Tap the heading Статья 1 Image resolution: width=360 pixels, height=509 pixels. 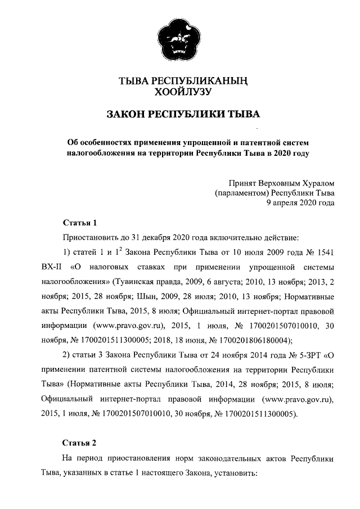(80, 222)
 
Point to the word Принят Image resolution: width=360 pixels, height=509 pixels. (242, 183)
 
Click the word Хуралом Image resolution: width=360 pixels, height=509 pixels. (316, 183)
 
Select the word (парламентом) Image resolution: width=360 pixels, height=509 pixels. (242, 193)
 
